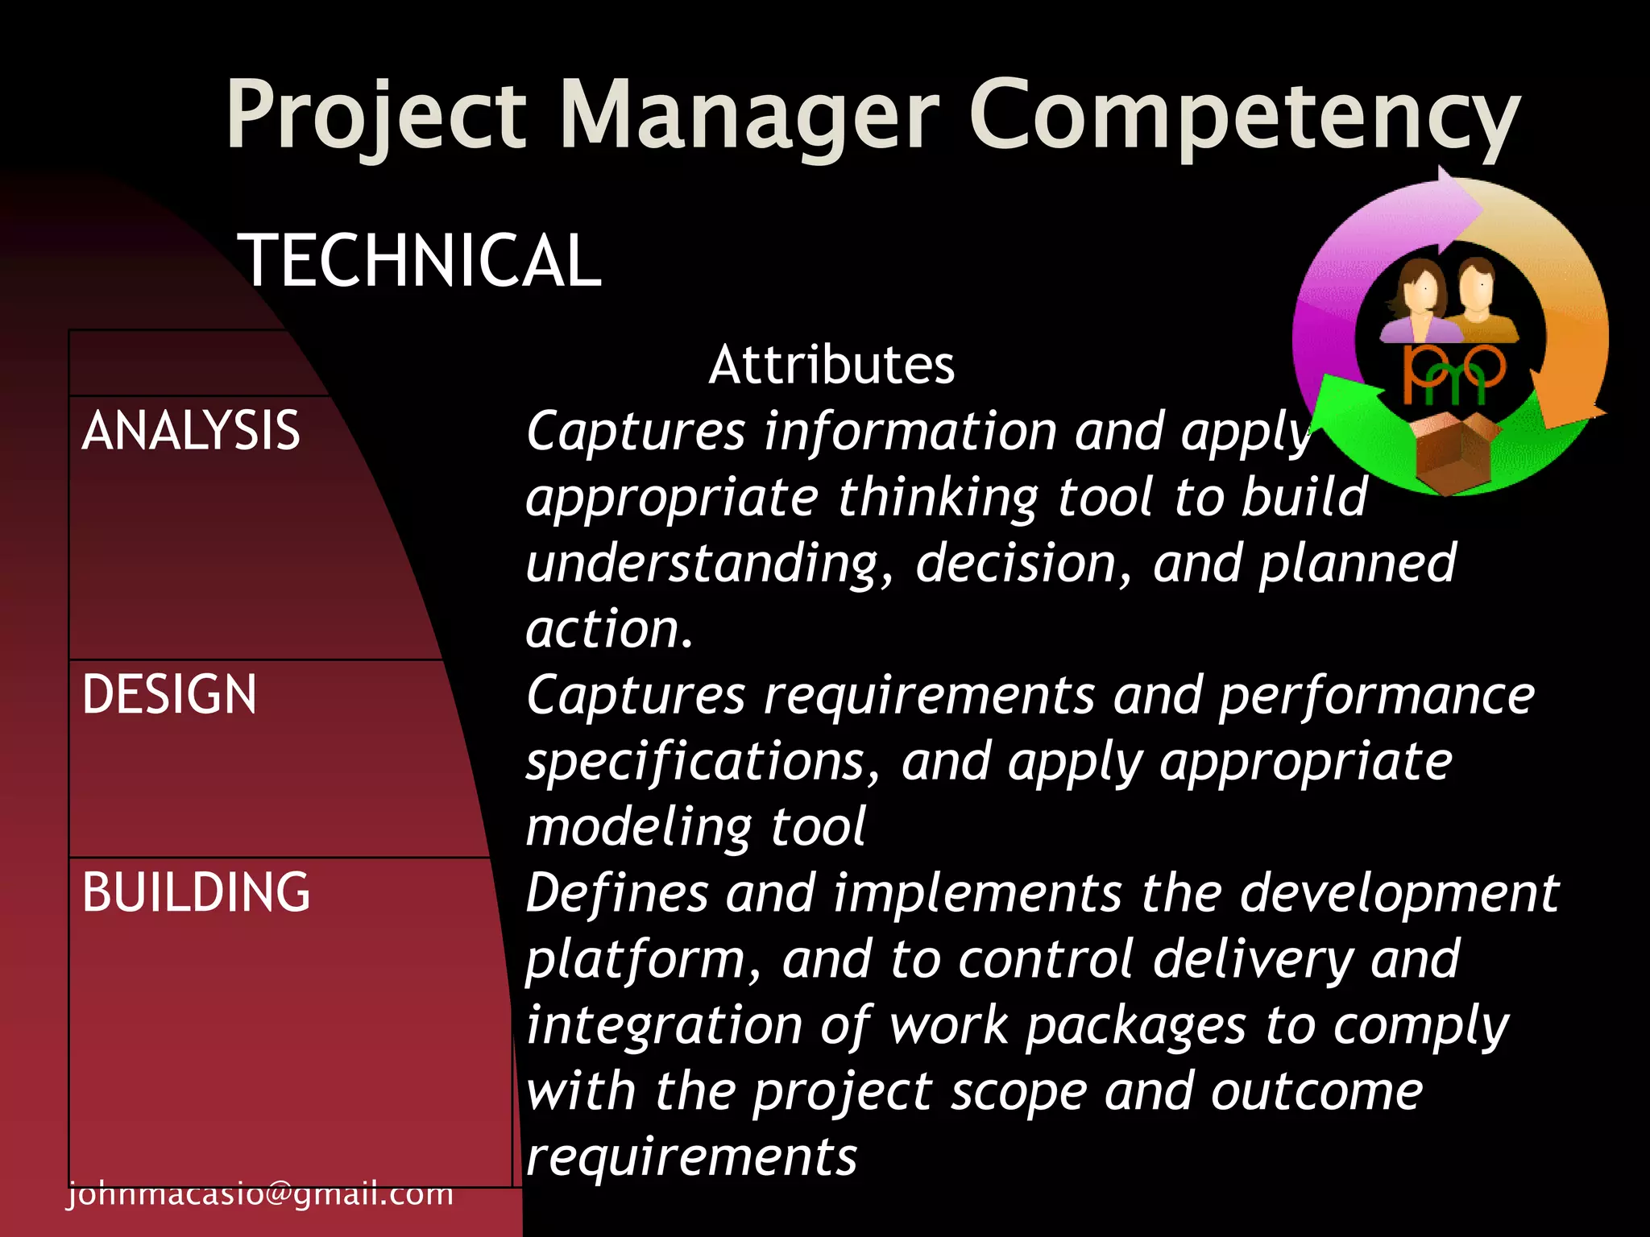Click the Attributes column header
(x=831, y=365)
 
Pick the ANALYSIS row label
(x=191, y=430)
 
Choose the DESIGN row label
(x=169, y=694)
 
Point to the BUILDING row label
(x=196, y=892)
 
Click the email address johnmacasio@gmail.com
(x=260, y=1194)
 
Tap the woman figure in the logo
(x=1420, y=302)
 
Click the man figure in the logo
(x=1479, y=298)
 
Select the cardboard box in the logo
(x=1457, y=451)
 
